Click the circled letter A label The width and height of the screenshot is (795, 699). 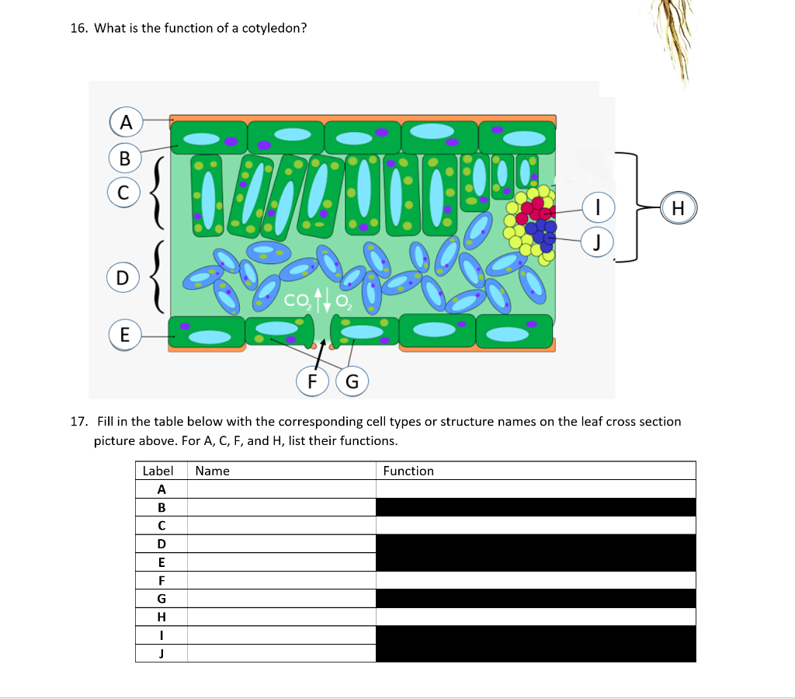click(x=125, y=121)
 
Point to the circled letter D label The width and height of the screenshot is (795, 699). click(x=123, y=277)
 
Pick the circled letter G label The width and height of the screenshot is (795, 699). click(x=352, y=381)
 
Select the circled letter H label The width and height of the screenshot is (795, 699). click(x=677, y=208)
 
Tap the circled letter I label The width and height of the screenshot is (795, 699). click(x=599, y=208)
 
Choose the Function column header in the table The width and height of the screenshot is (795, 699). click(x=408, y=471)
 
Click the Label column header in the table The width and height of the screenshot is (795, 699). click(x=158, y=471)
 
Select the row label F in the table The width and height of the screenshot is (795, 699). click(x=161, y=580)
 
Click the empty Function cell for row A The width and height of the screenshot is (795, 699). click(x=535, y=489)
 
